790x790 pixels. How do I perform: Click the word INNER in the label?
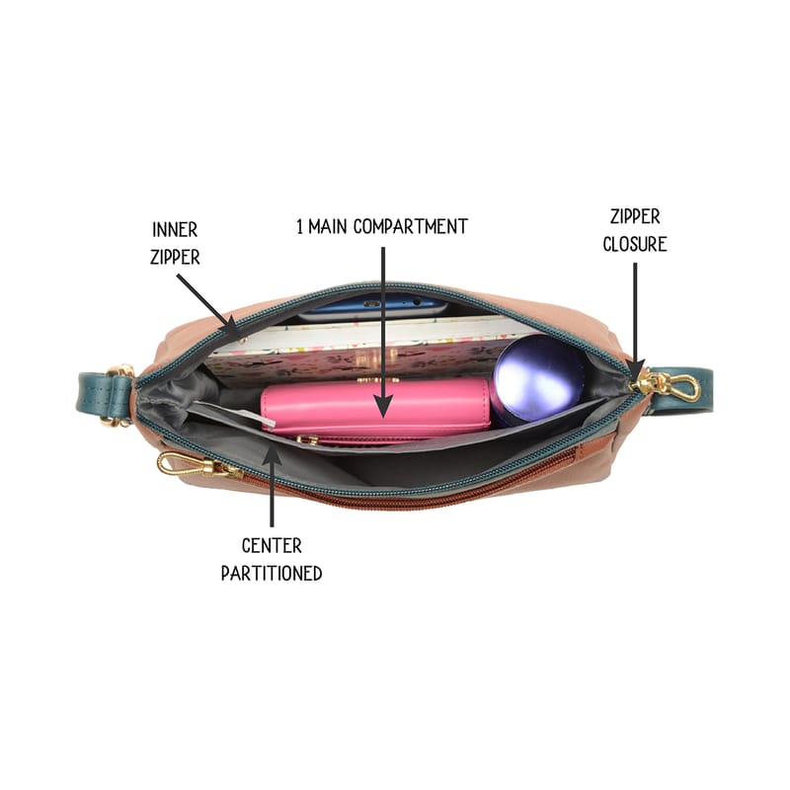[x=175, y=230]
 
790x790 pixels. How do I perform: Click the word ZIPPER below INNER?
[x=175, y=257]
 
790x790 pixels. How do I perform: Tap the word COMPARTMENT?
[x=411, y=227]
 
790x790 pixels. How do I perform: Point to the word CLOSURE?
[x=635, y=244]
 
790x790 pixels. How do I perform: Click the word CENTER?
[x=272, y=546]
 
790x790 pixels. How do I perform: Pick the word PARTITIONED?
[x=272, y=574]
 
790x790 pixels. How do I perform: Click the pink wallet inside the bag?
[x=375, y=409]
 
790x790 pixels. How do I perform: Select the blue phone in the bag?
[x=373, y=305]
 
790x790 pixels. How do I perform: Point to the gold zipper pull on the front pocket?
[x=199, y=464]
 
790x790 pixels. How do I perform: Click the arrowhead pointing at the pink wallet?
[x=383, y=405]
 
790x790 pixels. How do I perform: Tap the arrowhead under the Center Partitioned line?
[x=273, y=454]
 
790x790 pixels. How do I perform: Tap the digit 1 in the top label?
[x=300, y=227]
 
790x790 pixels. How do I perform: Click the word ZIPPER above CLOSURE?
[x=635, y=216]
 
